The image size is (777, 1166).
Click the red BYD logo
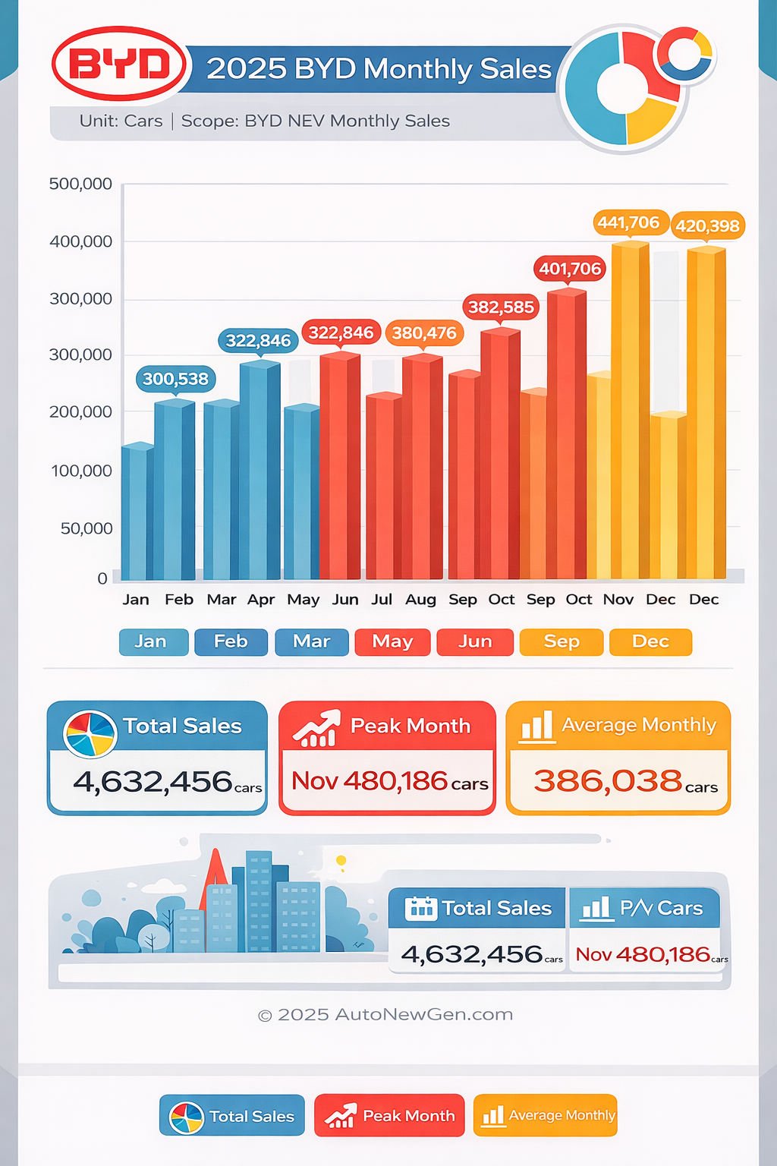119,65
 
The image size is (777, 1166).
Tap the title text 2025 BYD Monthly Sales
379,69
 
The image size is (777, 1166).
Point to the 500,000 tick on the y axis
80,184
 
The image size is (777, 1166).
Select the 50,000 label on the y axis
87,528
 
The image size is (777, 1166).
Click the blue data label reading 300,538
175,379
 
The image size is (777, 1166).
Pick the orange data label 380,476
424,332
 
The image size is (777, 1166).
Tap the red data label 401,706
570,269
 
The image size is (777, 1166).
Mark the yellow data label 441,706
628,222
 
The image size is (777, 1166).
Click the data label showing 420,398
707,225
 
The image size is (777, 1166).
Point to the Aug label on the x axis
420,600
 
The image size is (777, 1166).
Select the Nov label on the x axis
618,600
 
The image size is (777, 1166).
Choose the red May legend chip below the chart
392,641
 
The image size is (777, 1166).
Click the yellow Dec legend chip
650,641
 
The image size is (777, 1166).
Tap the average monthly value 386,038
608,781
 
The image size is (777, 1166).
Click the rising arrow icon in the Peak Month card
316,728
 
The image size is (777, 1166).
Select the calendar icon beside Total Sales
420,908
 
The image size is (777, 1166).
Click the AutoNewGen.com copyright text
385,1015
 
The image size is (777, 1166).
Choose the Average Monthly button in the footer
546,1115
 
